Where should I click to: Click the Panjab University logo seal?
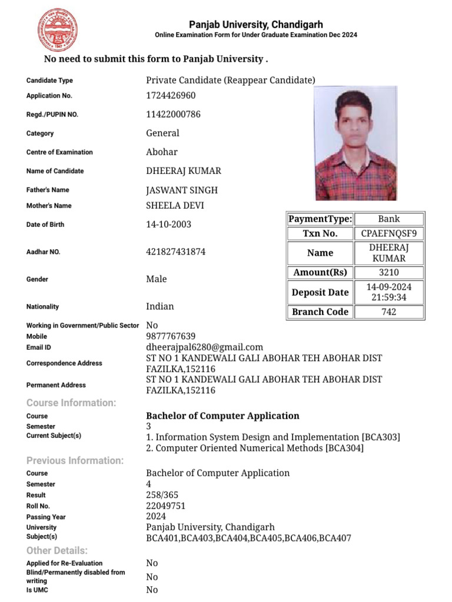[58, 29]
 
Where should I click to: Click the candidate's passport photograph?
[355, 144]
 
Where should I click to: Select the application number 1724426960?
[171, 95]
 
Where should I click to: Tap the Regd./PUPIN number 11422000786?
[173, 114]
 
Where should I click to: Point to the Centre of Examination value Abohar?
[162, 152]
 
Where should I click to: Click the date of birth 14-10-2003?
[168, 225]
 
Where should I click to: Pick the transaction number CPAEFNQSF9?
[388, 233]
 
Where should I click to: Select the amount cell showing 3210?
[388, 272]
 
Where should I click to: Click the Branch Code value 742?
[388, 312]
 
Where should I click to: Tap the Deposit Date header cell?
[320, 292]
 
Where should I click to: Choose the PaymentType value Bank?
[388, 219]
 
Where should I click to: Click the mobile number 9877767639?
[171, 336]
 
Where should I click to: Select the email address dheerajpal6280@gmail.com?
[204, 347]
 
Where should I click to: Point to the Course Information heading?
[71, 403]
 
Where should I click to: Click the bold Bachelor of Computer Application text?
[222, 416]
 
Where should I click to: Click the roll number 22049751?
[166, 506]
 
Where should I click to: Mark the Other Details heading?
[57, 550]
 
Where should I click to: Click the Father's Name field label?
[48, 190]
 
